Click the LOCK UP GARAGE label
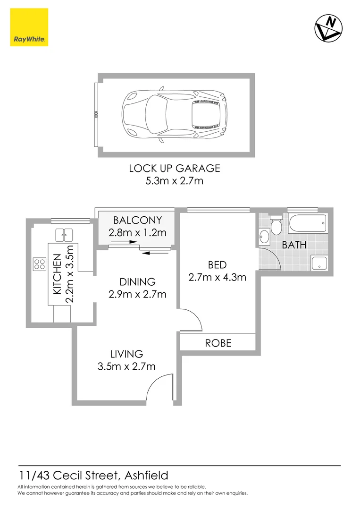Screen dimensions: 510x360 175,168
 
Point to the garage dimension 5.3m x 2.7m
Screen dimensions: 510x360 175,180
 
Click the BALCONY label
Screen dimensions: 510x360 137,220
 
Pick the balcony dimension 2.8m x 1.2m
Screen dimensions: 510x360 137,232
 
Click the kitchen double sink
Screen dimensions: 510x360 64,233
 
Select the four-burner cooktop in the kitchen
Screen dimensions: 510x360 39,264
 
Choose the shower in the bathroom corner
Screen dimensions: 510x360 319,263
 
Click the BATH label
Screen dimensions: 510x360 294,245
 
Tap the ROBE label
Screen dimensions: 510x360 218,343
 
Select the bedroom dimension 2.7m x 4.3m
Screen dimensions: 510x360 217,277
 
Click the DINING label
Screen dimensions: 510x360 137,282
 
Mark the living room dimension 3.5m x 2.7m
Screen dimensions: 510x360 126,366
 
